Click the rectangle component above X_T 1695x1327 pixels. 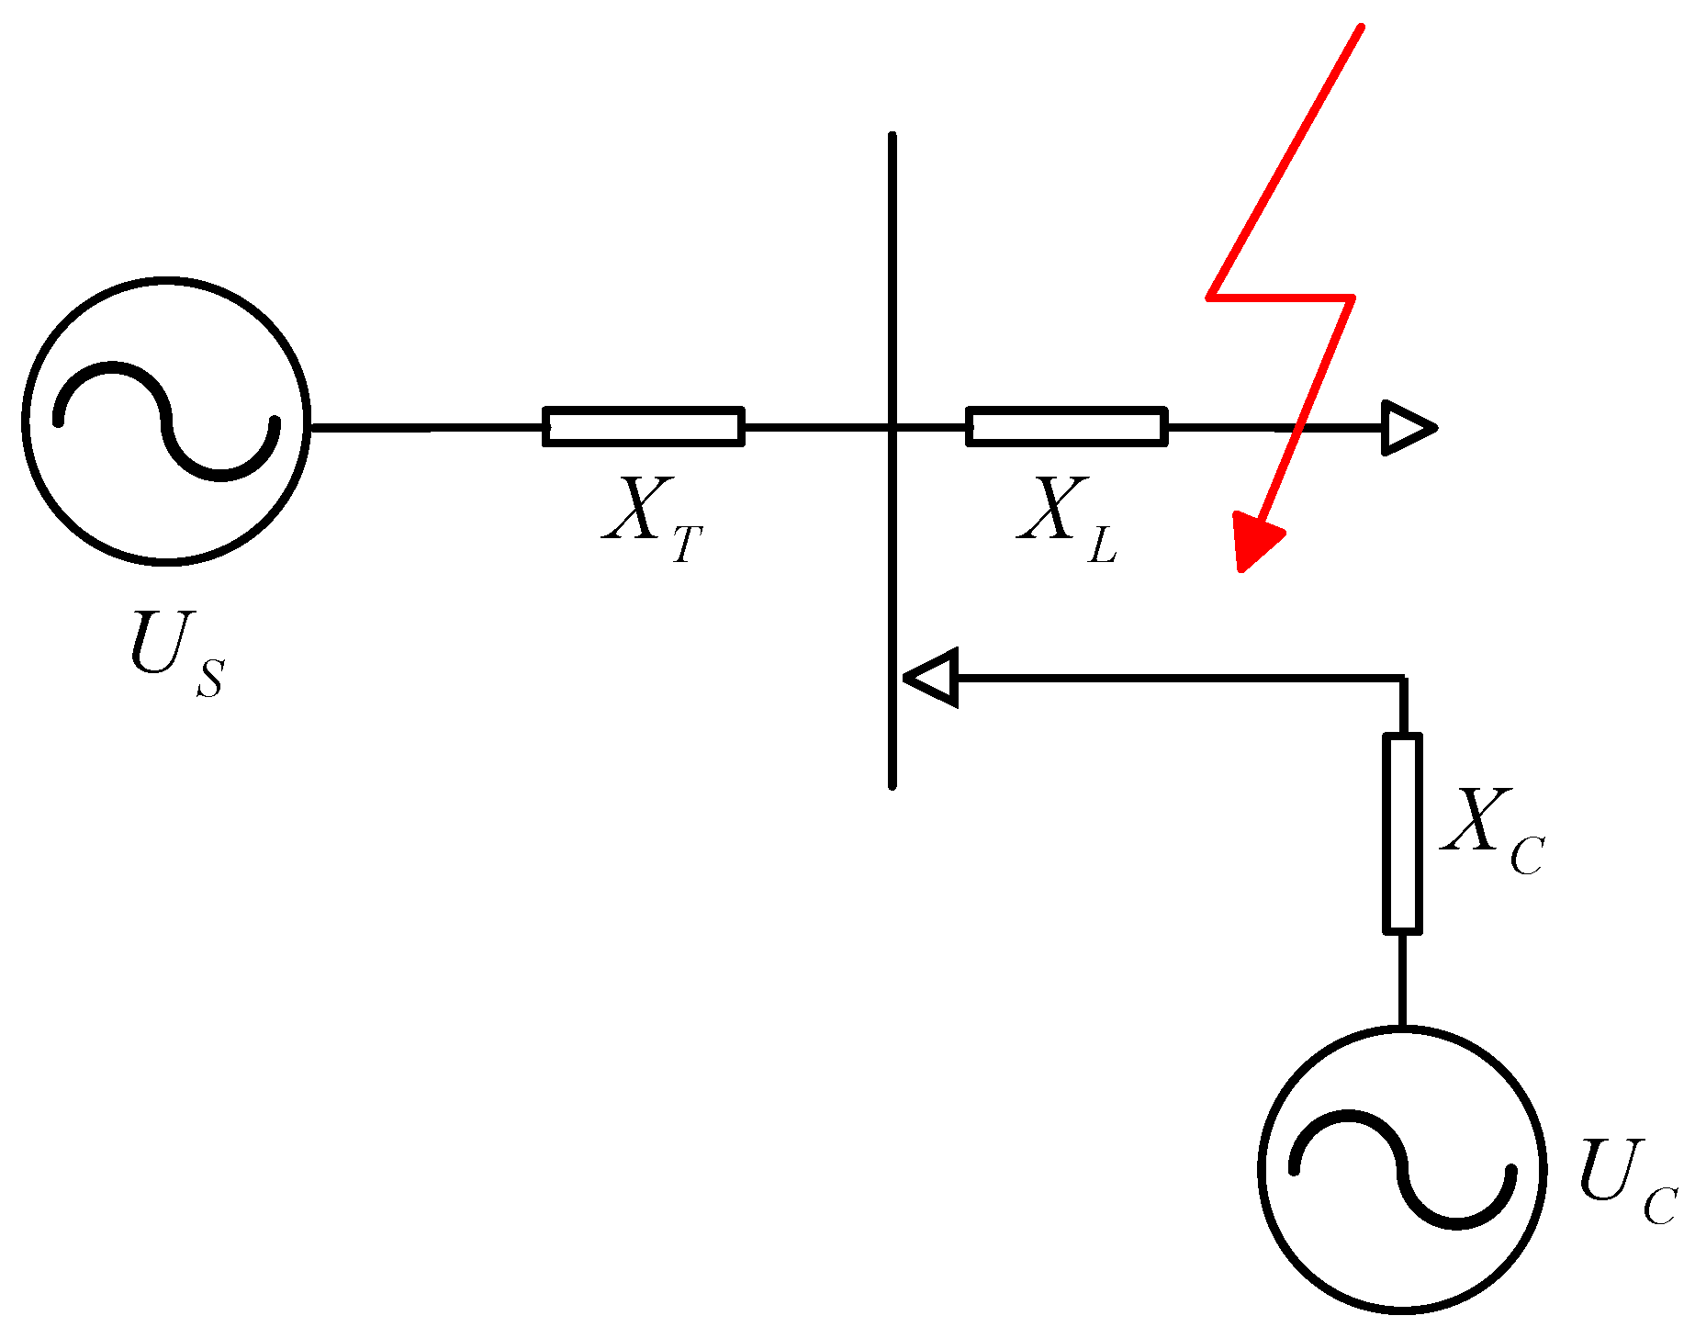[x=644, y=427]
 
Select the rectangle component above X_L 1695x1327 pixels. [x=1067, y=427]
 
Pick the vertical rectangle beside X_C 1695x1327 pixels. [x=1402, y=834]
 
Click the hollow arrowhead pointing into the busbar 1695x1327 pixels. [x=933, y=678]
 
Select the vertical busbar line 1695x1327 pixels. [x=892, y=276]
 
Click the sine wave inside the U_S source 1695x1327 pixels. [x=166, y=422]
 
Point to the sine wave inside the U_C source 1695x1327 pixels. [x=1402, y=1169]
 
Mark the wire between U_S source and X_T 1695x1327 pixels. [x=427, y=428]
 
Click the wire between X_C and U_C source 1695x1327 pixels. [x=1402, y=979]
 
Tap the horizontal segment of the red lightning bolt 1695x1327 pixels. [x=1280, y=297]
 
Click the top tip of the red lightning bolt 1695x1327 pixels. [x=1360, y=28]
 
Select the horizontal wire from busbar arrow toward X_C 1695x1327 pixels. [x=1175, y=679]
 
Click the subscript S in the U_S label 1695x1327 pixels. [x=210, y=678]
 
